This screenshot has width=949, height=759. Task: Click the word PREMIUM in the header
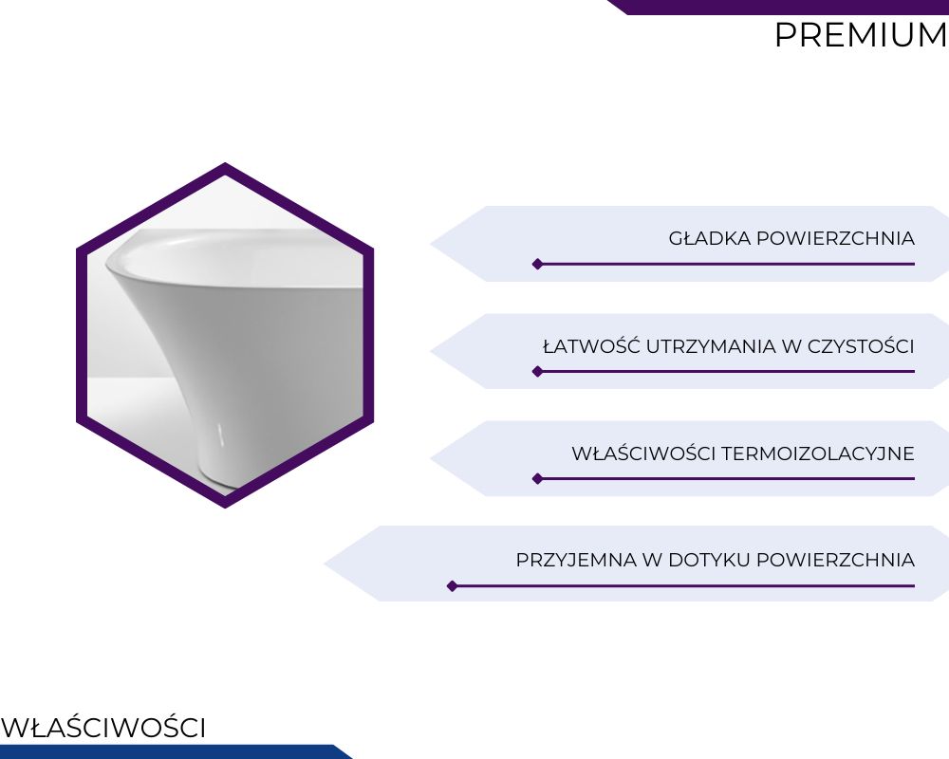(x=862, y=35)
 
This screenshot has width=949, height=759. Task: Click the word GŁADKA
(x=709, y=238)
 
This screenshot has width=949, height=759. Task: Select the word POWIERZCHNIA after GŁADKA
(x=835, y=238)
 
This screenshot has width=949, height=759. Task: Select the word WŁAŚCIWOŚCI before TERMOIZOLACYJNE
(x=643, y=453)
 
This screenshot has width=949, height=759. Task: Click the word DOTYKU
(x=709, y=560)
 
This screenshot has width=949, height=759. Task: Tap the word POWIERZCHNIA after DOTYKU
(x=835, y=560)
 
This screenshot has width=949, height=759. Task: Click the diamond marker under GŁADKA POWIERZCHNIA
(x=537, y=264)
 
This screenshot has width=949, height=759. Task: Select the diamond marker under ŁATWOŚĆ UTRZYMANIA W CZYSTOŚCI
(x=537, y=371)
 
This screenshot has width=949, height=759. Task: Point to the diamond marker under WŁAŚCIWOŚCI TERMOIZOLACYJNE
(x=537, y=479)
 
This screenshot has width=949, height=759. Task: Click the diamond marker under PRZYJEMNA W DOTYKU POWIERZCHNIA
(x=452, y=586)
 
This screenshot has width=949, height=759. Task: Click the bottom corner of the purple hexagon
(x=225, y=507)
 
